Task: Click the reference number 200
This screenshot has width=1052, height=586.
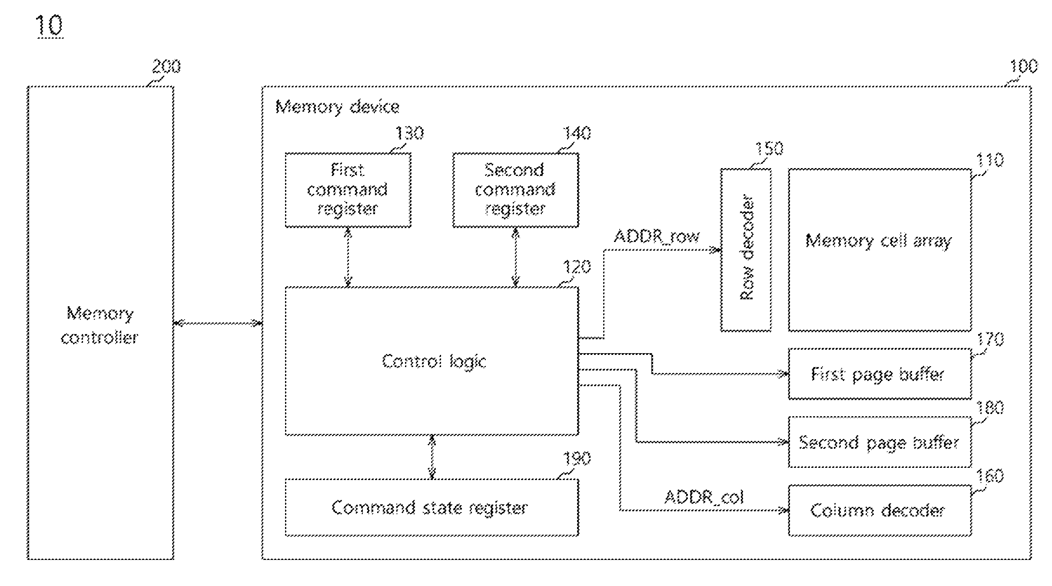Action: click(166, 66)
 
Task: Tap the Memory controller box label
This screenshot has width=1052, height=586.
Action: click(100, 325)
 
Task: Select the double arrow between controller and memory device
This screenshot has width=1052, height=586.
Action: click(218, 323)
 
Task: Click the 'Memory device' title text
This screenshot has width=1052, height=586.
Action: click(337, 107)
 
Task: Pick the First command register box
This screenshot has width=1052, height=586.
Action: click(348, 190)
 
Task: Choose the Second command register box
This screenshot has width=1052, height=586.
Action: click(515, 190)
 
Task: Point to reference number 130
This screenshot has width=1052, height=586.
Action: click(409, 133)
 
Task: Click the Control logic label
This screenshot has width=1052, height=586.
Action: click(434, 361)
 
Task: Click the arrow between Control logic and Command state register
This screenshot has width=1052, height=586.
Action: click(431, 457)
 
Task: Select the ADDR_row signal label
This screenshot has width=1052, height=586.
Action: click(656, 237)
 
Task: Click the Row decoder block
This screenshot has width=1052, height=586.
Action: click(746, 250)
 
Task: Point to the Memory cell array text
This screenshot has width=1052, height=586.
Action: click(879, 240)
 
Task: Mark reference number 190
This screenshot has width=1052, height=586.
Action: click(577, 459)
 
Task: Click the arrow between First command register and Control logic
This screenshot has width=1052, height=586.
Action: click(348, 257)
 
